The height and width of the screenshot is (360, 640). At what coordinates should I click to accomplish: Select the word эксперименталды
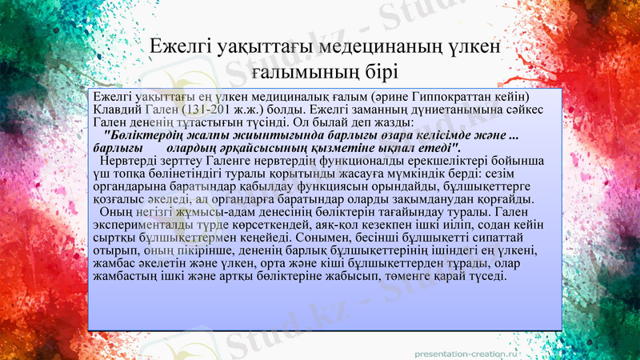pos(141,226)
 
